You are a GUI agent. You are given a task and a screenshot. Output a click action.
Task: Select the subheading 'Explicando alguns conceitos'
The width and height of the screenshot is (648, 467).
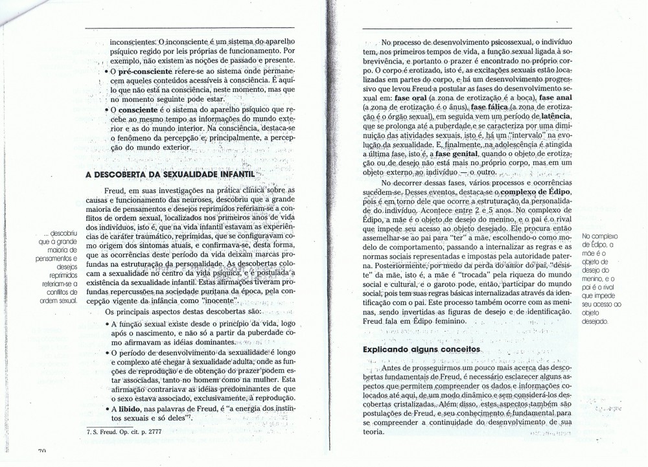421,349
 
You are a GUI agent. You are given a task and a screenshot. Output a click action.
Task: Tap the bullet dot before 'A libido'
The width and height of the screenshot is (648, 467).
106,410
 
